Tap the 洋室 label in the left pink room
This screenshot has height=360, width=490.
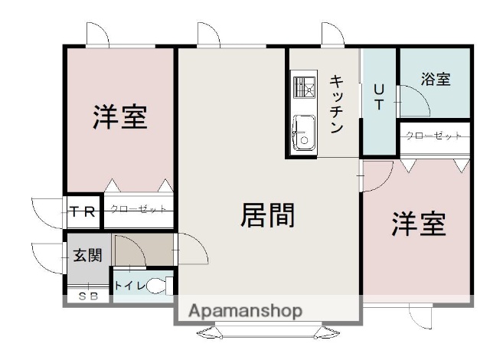click(x=120, y=116)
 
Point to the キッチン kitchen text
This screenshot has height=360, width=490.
click(x=337, y=104)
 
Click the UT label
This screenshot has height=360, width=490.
click(x=379, y=97)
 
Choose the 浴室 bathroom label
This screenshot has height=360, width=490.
click(x=436, y=79)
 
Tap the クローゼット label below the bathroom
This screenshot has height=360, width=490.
click(x=433, y=136)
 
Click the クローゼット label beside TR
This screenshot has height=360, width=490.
click(x=138, y=208)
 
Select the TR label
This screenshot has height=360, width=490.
click(x=83, y=212)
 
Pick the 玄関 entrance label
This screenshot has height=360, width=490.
click(x=87, y=255)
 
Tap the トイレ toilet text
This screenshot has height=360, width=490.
click(x=127, y=286)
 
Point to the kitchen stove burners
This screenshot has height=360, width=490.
click(x=303, y=87)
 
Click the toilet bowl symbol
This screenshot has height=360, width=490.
click(x=158, y=286)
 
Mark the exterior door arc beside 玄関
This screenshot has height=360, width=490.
click(x=46, y=256)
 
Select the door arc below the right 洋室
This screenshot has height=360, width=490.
click(x=422, y=316)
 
